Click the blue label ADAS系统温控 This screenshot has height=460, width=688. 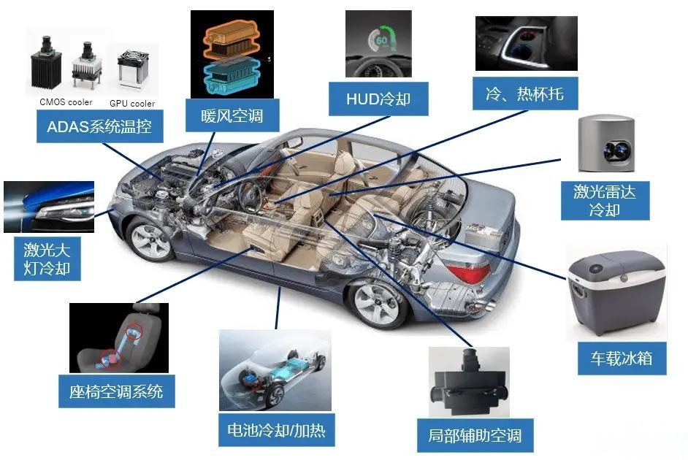click(x=99, y=126)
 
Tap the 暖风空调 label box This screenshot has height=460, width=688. click(x=232, y=115)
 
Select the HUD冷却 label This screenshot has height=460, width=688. click(x=378, y=99)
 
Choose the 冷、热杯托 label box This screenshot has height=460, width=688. click(x=525, y=94)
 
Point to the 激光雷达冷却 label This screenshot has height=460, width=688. click(x=605, y=201)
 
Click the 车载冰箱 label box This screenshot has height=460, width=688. click(x=622, y=359)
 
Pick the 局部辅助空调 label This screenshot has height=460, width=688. click(x=475, y=435)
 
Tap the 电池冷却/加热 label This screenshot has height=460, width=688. click(x=276, y=430)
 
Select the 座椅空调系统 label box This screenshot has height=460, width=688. click(x=117, y=391)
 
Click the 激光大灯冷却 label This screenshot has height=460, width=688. click(x=47, y=258)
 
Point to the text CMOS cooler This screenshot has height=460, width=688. click(x=66, y=102)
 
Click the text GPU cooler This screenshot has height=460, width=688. click(x=132, y=104)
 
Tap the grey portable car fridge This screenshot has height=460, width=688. click(x=616, y=293)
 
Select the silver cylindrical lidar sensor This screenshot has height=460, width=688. click(x=606, y=144)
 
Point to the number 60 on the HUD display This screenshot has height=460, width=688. click(x=382, y=40)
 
